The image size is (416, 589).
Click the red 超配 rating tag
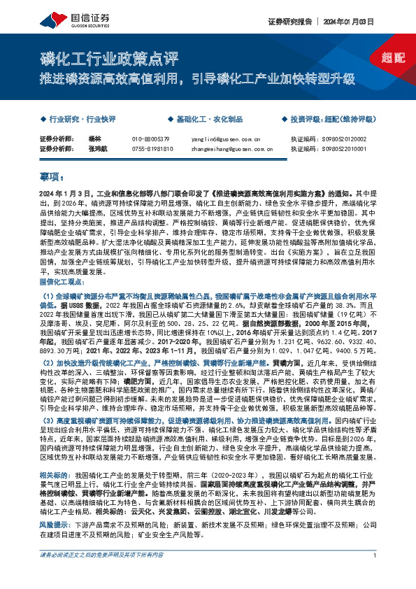[394, 58]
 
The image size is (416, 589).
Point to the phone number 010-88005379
[151, 139]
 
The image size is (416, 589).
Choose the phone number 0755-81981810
[152, 148]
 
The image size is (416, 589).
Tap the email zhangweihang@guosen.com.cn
[227, 148]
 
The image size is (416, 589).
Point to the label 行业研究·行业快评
[76, 120]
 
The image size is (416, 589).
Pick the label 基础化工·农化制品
[203, 120]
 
